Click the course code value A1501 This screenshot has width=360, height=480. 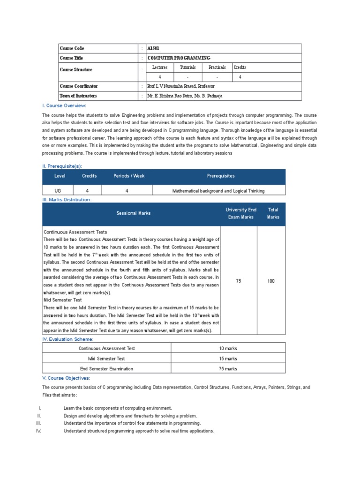pyautogui.click(x=153, y=48)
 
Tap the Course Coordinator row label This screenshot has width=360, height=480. pyautogui.click(x=79, y=86)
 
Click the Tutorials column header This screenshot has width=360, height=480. pyautogui.click(x=187, y=67)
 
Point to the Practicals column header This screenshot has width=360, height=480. pyautogui.click(x=217, y=67)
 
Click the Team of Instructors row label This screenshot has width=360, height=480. pyautogui.click(x=78, y=96)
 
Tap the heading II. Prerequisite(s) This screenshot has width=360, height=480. pyautogui.click(x=65, y=166)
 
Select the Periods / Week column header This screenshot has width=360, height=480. pyautogui.click(x=129, y=176)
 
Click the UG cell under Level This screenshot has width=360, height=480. pyautogui.click(x=57, y=191)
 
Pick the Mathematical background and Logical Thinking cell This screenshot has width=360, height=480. pyautogui.click(x=218, y=191)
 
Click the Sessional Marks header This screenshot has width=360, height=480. pyautogui.click(x=134, y=213)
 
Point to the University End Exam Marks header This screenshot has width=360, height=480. pyautogui.click(x=240, y=213)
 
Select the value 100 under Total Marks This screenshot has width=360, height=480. pyautogui.click(x=271, y=281)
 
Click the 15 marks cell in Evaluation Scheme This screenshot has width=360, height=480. pyautogui.click(x=228, y=359)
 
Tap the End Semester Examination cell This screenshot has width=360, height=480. pyautogui.click(x=106, y=369)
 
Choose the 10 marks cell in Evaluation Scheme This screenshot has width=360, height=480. pyautogui.click(x=228, y=349)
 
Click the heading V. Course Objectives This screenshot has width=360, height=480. pyautogui.click(x=66, y=378)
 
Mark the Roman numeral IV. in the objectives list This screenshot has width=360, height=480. pyautogui.click(x=39, y=431)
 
